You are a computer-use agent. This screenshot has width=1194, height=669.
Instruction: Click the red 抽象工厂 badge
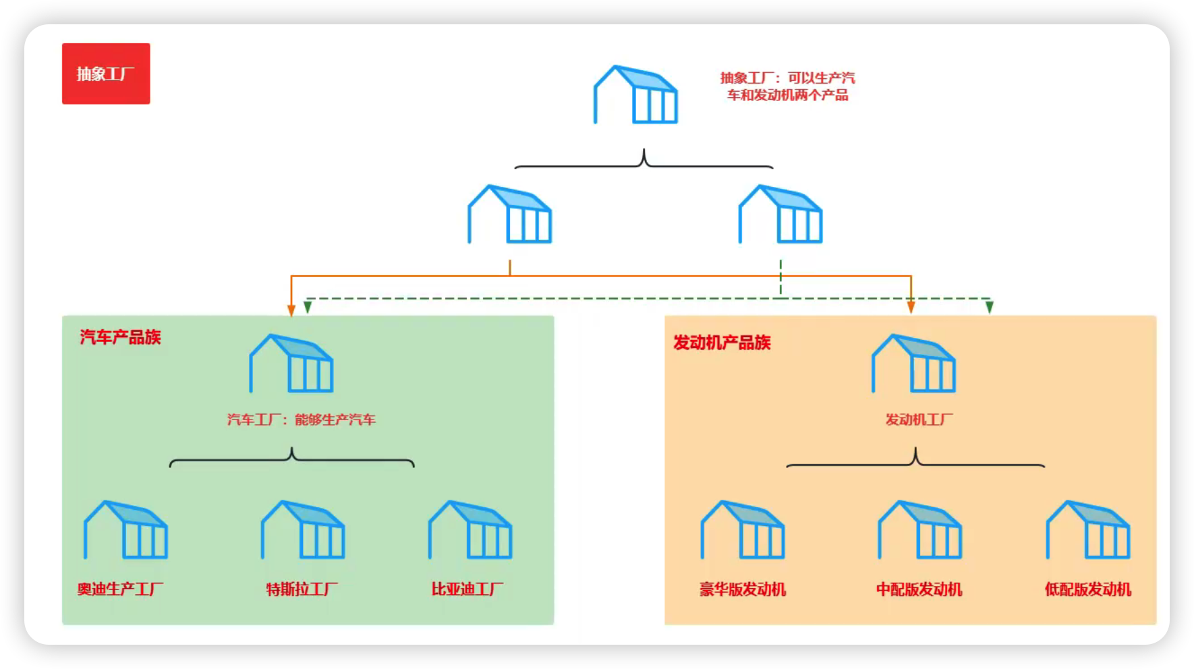pyautogui.click(x=106, y=74)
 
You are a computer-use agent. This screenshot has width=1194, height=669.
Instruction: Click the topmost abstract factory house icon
pyautogui.click(x=635, y=95)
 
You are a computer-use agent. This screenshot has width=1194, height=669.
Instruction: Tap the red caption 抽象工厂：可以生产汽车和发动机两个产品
pyautogui.click(x=787, y=86)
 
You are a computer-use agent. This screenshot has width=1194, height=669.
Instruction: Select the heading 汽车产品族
pyautogui.click(x=121, y=337)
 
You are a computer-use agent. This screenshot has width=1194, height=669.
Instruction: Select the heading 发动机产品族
pyautogui.click(x=722, y=343)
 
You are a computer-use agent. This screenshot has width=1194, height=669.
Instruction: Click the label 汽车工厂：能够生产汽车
pyautogui.click(x=301, y=419)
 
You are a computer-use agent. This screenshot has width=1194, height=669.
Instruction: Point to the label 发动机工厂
pyautogui.click(x=919, y=419)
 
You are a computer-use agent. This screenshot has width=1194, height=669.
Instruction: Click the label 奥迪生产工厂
pyautogui.click(x=120, y=589)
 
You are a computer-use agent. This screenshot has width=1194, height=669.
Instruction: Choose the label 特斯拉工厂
pyautogui.click(x=302, y=589)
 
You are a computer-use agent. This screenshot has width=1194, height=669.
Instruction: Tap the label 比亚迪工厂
pyautogui.click(x=467, y=589)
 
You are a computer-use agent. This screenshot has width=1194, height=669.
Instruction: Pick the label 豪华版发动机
pyautogui.click(x=743, y=589)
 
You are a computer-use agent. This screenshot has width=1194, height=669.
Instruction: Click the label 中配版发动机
pyautogui.click(x=919, y=589)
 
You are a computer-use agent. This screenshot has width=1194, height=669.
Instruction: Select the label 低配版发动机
pyautogui.click(x=1088, y=589)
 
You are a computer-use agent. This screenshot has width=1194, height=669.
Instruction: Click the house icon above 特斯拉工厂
pyautogui.click(x=303, y=530)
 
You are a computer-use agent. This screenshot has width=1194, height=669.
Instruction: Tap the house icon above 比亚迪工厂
pyautogui.click(x=470, y=530)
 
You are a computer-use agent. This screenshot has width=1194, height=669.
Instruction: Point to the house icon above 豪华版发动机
pyautogui.click(x=743, y=530)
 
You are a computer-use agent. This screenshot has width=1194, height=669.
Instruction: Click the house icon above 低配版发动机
pyautogui.click(x=1088, y=530)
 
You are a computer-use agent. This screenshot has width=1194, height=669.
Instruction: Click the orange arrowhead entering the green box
pyautogui.click(x=291, y=310)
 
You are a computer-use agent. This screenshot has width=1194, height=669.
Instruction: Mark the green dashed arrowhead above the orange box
pyautogui.click(x=989, y=308)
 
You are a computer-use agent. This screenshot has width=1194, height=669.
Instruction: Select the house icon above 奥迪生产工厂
pyautogui.click(x=125, y=530)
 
